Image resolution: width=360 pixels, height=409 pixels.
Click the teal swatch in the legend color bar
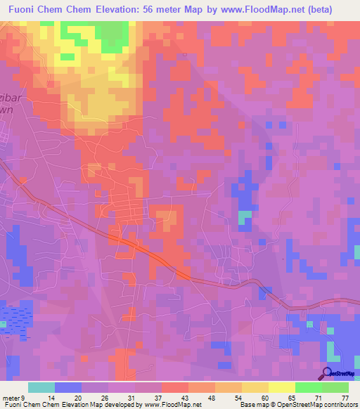[41, 387]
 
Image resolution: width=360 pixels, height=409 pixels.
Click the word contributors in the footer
[338, 405]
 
